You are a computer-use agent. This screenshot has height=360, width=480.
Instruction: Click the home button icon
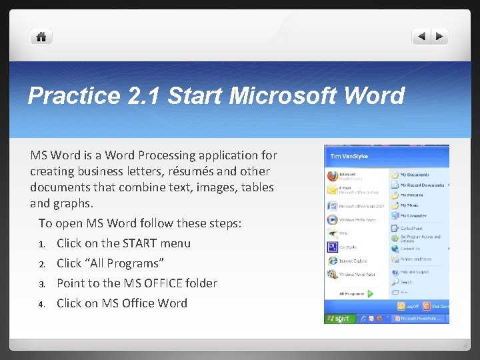(x=41, y=37)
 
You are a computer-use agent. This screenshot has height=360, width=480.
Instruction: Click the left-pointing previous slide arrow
(x=421, y=37)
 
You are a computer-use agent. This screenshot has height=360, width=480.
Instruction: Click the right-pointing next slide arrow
(x=440, y=37)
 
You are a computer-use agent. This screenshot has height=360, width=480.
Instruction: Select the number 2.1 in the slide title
(x=143, y=96)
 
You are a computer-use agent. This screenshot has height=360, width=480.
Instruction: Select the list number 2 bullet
(x=41, y=264)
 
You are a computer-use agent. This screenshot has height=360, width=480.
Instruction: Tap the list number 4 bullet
(x=41, y=304)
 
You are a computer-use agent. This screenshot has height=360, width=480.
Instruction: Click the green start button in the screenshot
(x=339, y=319)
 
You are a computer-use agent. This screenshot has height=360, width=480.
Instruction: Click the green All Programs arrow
(x=371, y=293)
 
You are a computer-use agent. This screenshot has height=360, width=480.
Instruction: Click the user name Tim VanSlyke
(x=347, y=155)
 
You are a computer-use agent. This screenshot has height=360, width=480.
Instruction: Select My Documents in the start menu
(x=413, y=175)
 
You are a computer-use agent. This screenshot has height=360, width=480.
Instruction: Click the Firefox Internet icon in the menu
(x=333, y=176)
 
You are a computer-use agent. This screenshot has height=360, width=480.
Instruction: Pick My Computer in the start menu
(x=413, y=215)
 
